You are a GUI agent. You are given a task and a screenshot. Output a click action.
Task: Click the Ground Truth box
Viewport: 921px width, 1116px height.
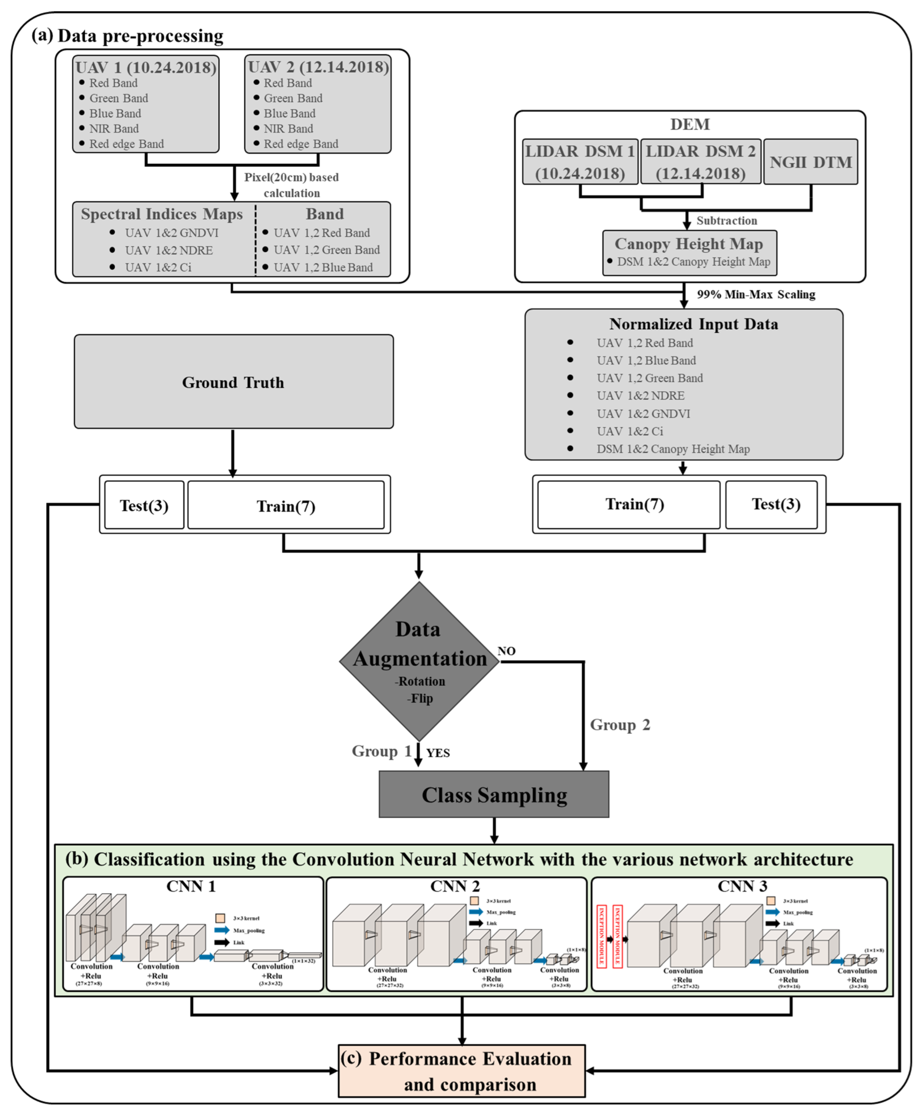pyautogui.click(x=233, y=382)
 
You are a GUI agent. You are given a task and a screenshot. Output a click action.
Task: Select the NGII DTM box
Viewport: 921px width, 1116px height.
pyautogui.click(x=810, y=162)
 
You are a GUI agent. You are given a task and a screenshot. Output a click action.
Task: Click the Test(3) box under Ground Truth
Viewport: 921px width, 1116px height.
pyautogui.click(x=144, y=505)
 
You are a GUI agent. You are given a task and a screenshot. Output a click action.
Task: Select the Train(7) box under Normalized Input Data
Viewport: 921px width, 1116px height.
pyautogui.click(x=634, y=504)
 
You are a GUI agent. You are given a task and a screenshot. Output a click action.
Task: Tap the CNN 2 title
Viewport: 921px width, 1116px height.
pyautogui.click(x=455, y=886)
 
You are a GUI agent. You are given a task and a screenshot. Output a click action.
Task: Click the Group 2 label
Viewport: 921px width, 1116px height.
pyautogui.click(x=620, y=725)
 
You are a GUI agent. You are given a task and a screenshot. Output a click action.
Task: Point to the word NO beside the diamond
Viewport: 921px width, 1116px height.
pyautogui.click(x=506, y=651)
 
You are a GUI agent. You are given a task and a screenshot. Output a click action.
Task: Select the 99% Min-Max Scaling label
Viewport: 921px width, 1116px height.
pyautogui.click(x=756, y=295)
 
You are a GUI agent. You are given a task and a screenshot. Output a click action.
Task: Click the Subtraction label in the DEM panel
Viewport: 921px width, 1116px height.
pyautogui.click(x=726, y=221)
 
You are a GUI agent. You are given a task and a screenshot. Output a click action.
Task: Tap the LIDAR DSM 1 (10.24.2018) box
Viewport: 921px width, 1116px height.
pyautogui.click(x=580, y=162)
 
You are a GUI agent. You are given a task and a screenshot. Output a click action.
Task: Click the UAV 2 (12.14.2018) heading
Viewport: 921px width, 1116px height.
pyautogui.click(x=318, y=67)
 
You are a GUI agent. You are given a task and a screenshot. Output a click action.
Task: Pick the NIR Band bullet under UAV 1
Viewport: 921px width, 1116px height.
pyautogui.click(x=114, y=128)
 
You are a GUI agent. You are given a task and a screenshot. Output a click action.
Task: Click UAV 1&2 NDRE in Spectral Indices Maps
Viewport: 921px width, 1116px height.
pyautogui.click(x=169, y=250)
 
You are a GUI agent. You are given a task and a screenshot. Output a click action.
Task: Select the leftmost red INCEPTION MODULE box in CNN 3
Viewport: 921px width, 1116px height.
pyautogui.click(x=602, y=937)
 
